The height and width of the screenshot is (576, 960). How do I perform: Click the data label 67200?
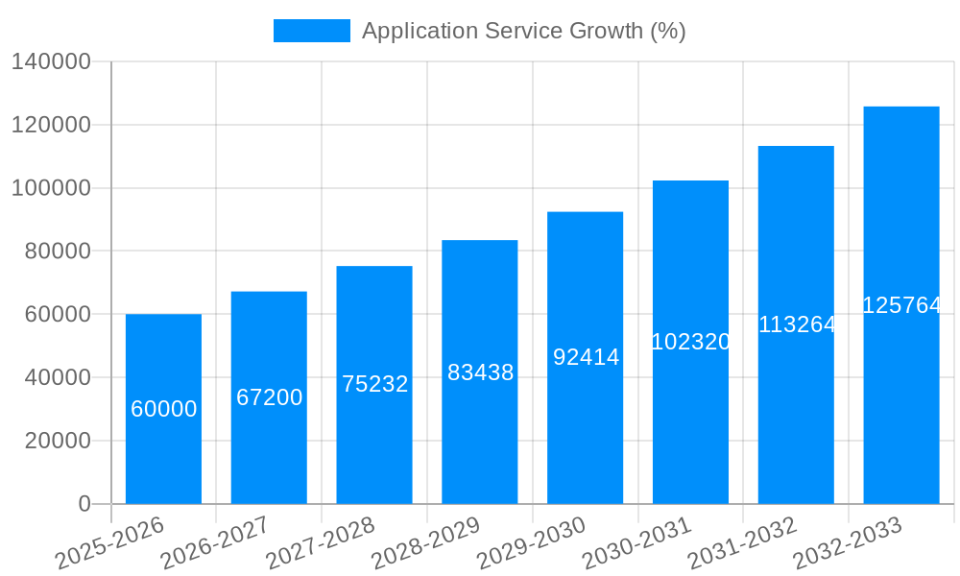[x=270, y=397]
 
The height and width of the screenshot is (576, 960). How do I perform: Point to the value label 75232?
[x=375, y=384]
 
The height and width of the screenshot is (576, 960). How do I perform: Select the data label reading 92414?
[x=586, y=357]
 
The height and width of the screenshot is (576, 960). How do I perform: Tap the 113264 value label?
[x=797, y=324]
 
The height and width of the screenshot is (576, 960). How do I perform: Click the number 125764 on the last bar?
[x=901, y=305]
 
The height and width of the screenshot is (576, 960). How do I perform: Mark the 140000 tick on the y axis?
[x=51, y=62]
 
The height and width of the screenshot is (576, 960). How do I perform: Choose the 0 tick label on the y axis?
[x=84, y=504]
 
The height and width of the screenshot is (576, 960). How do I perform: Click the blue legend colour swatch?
[x=312, y=31]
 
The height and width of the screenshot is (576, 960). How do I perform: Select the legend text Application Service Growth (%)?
[x=523, y=31]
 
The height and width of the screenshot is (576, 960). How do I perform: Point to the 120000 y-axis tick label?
[x=51, y=125]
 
